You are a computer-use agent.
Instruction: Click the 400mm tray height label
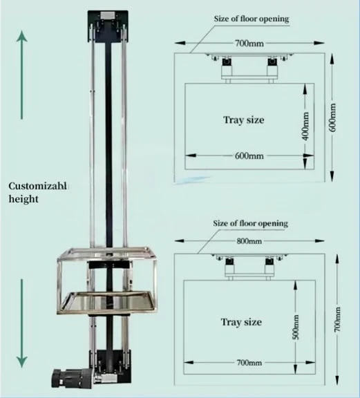[x=305, y=126]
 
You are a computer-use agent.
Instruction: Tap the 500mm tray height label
[x=296, y=327]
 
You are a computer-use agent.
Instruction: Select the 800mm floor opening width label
[x=249, y=241]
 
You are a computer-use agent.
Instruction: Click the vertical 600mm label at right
[x=332, y=117]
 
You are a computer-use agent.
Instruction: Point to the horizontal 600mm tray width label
[x=249, y=155]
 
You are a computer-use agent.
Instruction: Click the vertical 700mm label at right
[x=337, y=319]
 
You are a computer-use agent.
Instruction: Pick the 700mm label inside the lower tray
[x=249, y=363]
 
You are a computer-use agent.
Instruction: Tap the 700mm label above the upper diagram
[x=249, y=44]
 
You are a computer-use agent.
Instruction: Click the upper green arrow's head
[x=22, y=36]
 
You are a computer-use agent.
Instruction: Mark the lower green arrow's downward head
[x=22, y=362]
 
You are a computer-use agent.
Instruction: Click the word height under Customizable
[x=23, y=199]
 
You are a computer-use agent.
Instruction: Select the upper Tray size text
[x=244, y=120]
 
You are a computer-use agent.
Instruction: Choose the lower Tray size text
[x=241, y=322]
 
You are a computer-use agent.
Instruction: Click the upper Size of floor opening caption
[x=252, y=19]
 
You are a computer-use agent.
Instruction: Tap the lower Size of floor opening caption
[x=251, y=224]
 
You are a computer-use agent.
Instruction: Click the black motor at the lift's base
[x=72, y=378]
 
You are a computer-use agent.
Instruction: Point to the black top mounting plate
[x=108, y=26]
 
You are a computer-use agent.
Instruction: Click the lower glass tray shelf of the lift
[x=108, y=301]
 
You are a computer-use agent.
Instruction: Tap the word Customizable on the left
[x=38, y=186]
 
